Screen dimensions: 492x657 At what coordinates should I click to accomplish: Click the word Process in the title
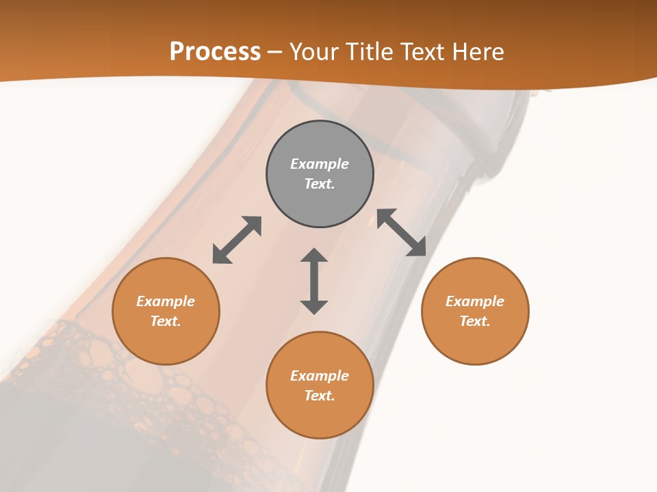pyautogui.click(x=215, y=52)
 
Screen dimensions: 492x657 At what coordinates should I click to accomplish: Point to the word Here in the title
pyautogui.click(x=476, y=52)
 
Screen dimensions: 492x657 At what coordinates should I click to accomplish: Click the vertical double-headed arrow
pyautogui.click(x=314, y=282)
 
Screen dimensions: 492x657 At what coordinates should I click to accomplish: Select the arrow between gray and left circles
pyautogui.click(x=237, y=240)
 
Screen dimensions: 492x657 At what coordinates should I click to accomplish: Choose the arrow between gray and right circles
pyautogui.click(x=402, y=232)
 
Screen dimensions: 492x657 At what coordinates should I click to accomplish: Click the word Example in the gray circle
pyautogui.click(x=320, y=164)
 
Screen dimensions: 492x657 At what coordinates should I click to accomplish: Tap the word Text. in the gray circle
pyautogui.click(x=320, y=184)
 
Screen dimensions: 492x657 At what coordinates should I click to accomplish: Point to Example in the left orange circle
pyautogui.click(x=166, y=301)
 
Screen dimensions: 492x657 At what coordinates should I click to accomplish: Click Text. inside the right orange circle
pyautogui.click(x=475, y=321)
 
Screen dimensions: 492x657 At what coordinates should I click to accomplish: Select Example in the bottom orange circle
pyautogui.click(x=320, y=376)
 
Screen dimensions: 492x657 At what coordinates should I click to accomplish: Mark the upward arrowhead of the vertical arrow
pyautogui.click(x=314, y=256)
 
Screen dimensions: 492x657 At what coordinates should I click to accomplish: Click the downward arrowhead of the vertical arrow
pyautogui.click(x=314, y=307)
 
